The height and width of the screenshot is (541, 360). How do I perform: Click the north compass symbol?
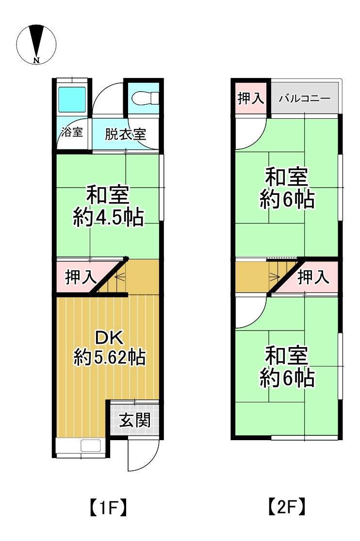pyautogui.click(x=36, y=44)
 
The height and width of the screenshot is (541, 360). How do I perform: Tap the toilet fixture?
pyautogui.click(x=146, y=98)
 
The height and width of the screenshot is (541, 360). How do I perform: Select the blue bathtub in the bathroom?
pyautogui.click(x=72, y=99)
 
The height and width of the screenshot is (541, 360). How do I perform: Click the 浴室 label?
pyautogui.click(x=72, y=132)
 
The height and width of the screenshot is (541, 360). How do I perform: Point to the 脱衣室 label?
pyautogui.click(x=125, y=134)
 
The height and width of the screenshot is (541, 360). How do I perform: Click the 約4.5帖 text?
pyautogui.click(x=108, y=218)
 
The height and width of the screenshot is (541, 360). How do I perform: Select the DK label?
pyautogui.click(x=110, y=338)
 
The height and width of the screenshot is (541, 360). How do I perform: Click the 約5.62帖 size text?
pyautogui.click(x=109, y=357)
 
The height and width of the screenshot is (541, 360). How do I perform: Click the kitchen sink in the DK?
pyautogui.click(x=90, y=446)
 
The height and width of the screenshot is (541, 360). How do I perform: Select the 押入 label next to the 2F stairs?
pyautogui.click(x=313, y=277)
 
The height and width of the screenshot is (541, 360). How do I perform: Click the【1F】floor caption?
pyautogui.click(x=108, y=508)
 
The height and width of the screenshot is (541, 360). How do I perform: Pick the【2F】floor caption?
pyautogui.click(x=287, y=507)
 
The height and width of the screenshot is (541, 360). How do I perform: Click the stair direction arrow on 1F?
pyautogui.click(x=121, y=276)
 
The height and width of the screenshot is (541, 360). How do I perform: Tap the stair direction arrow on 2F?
pyautogui.click(x=275, y=276)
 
